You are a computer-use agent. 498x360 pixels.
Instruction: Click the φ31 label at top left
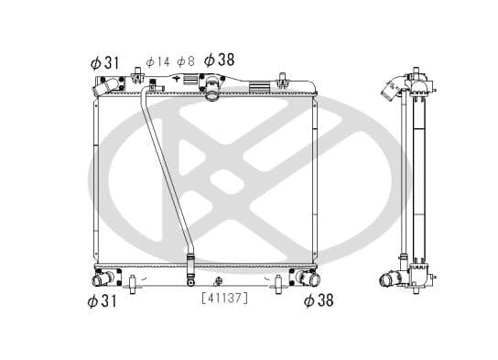[104, 61]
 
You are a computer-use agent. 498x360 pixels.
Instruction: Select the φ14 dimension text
[157, 61]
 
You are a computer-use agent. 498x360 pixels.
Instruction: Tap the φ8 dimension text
[186, 61]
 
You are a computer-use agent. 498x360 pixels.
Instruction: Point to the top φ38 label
[219, 60]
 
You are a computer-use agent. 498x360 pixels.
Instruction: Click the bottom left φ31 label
[104, 301]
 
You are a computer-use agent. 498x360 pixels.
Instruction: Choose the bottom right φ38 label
[318, 301]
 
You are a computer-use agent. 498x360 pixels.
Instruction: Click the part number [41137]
[224, 297]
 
